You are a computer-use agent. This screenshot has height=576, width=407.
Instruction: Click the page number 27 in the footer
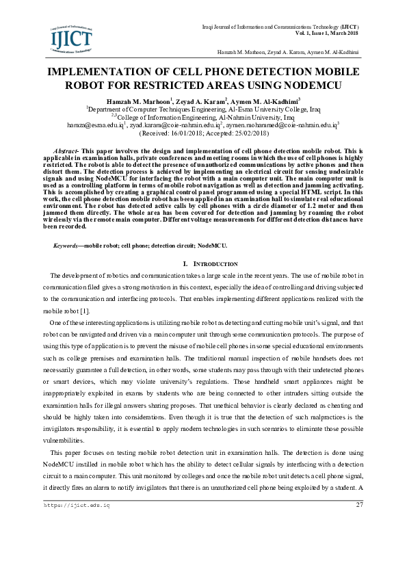[360, 505]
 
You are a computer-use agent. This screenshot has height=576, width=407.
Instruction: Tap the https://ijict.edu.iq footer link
[77, 505]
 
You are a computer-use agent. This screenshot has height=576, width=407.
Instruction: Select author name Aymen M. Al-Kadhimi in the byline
[266, 101]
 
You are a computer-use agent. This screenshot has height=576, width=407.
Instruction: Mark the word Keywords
[66, 245]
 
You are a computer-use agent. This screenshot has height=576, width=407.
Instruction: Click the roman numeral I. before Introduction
[186, 264]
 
